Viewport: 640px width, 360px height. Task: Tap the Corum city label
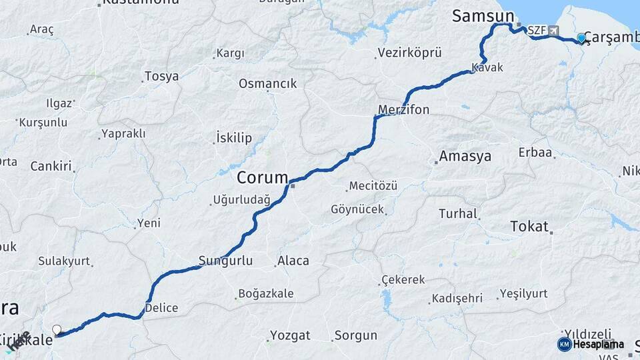coord(263,179)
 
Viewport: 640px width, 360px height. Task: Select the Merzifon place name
coord(403,109)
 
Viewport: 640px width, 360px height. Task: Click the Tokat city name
coord(529,226)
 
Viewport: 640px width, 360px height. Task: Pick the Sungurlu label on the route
coord(225,261)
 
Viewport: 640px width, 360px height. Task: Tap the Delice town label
coord(161,308)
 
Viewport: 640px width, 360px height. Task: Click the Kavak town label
coord(487,68)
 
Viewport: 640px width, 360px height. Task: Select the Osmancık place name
coord(267,84)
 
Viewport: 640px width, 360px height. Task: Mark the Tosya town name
coord(161,77)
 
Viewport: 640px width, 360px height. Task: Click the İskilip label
coord(233,139)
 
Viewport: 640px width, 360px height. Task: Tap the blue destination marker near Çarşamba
coord(582,38)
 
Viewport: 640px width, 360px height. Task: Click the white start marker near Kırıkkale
coord(57,330)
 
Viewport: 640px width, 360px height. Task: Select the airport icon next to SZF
coord(554,31)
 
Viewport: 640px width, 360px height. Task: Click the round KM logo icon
coord(564,344)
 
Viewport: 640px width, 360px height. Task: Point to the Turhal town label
coord(458,214)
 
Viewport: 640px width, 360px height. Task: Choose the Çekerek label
coord(403,280)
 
